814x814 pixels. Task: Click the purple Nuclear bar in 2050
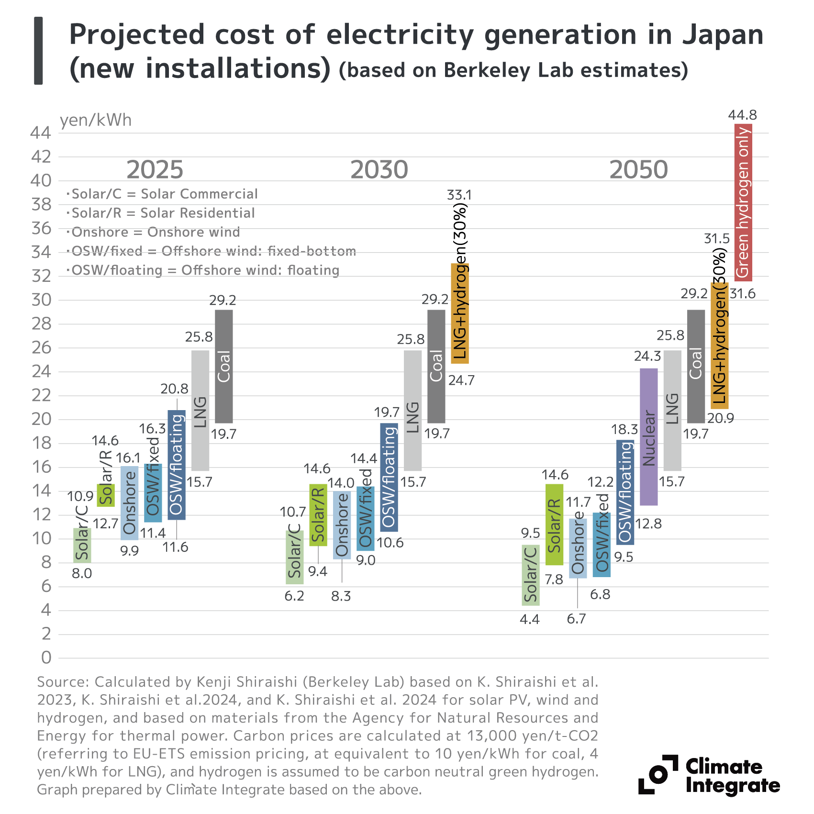point(648,436)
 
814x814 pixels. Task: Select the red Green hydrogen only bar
point(743,202)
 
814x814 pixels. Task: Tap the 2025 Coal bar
point(224,366)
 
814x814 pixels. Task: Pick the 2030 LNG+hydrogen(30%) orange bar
point(460,313)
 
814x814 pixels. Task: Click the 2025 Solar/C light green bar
point(82,545)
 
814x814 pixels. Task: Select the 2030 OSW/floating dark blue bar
point(389,477)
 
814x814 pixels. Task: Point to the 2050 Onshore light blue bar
point(578,548)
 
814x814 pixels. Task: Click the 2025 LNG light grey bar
point(200,410)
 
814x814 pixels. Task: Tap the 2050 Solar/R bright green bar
point(554,524)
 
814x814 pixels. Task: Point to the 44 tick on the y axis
point(41,133)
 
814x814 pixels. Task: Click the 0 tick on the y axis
point(46,658)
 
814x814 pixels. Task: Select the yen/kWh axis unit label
point(95,120)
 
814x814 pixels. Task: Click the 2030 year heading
point(379,170)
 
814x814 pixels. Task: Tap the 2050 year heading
point(638,170)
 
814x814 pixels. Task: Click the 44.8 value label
point(742,115)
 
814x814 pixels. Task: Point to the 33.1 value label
point(459,195)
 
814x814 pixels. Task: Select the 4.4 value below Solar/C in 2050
point(530,619)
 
